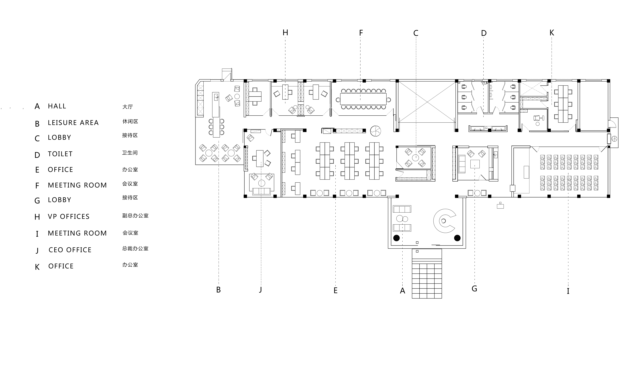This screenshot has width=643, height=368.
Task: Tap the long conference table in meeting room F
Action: (x=363, y=99)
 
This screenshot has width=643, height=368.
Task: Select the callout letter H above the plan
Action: (x=285, y=33)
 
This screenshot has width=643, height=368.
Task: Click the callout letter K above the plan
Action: (x=552, y=33)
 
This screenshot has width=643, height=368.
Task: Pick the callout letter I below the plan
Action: (x=568, y=291)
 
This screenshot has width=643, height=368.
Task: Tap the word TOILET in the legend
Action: (x=60, y=154)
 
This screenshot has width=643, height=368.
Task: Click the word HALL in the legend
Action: (x=57, y=106)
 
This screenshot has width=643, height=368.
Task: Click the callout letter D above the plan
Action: (x=484, y=33)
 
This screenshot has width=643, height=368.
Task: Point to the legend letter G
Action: (x=37, y=201)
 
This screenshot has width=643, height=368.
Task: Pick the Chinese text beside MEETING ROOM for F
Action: (x=130, y=184)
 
